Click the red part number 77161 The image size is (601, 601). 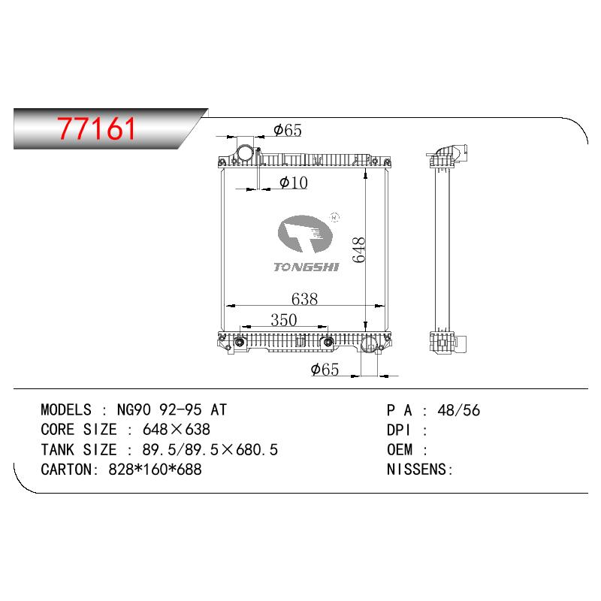tap(96, 128)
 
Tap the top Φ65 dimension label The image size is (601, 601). tap(288, 130)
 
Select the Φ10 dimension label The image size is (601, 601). tap(294, 183)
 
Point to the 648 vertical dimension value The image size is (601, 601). tap(359, 250)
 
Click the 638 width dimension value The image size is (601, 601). tap(305, 299)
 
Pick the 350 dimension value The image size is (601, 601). tap(284, 320)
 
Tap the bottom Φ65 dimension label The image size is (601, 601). tap(325, 370)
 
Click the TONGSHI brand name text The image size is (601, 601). tap(307, 267)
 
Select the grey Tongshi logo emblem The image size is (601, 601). tap(305, 234)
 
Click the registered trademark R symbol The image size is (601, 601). tap(334, 217)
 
